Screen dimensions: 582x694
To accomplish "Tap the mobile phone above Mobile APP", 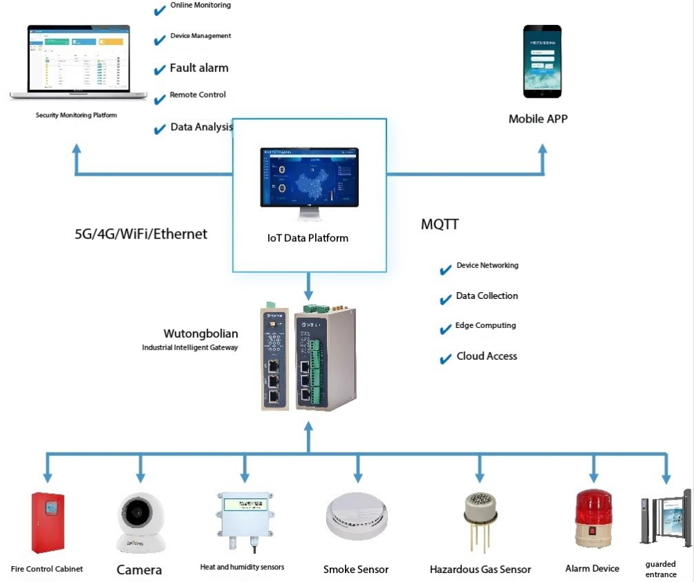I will pos(542,62).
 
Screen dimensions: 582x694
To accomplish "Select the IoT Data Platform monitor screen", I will pos(309,177).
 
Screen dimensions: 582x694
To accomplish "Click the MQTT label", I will pos(440,225).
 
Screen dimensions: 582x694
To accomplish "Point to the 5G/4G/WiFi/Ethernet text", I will pos(141,234).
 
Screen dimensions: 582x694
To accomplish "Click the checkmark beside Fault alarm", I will pos(159,70).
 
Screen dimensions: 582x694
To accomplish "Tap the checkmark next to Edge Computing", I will pos(445,329).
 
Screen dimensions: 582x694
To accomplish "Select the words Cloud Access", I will pos(486,356).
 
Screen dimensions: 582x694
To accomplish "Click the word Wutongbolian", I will pos(200,334).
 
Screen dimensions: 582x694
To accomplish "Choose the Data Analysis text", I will pos(202,127).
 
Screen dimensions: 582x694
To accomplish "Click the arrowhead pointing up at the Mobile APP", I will pos(542,148).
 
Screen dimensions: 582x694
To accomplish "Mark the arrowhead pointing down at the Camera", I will pos(141,478).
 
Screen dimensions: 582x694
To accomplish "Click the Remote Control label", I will pos(197,95).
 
